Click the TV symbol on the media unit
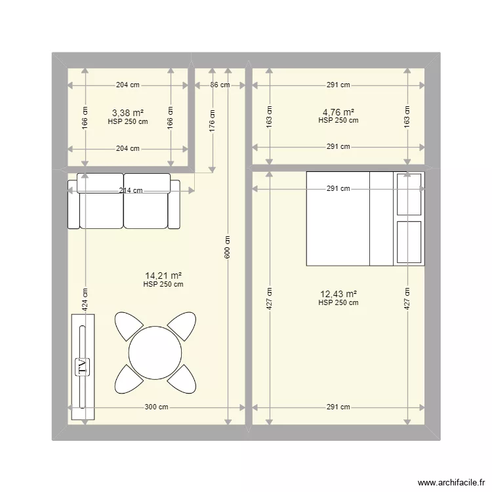coord(83,367)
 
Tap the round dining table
coord(155,353)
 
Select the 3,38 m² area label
coord(128,112)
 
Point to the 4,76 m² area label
coord(338,112)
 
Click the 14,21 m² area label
coord(163,276)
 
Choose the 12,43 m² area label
coord(338,294)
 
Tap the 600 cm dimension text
coord(228,247)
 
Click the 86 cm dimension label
coord(220,85)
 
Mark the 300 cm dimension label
coord(156,407)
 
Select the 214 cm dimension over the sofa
coord(131,190)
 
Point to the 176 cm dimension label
coord(213,121)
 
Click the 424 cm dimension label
coord(85,300)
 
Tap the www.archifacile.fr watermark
coord(451,483)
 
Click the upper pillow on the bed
coord(409,195)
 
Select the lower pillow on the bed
coord(409,242)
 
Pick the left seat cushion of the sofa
coord(101,210)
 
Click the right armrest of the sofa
coord(174,204)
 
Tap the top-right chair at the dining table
coord(182,325)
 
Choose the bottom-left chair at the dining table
coord(129,379)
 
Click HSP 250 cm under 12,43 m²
coord(338,303)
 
